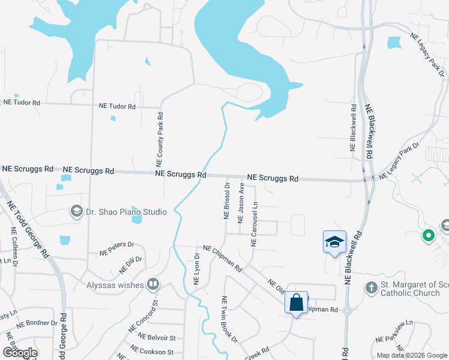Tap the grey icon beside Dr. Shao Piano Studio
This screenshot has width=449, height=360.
[x=76, y=211]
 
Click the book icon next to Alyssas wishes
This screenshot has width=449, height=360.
[x=154, y=284]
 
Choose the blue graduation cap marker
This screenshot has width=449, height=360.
[x=334, y=242]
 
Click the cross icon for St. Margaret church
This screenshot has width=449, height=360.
[x=371, y=287]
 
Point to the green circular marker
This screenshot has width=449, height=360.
[x=429, y=236]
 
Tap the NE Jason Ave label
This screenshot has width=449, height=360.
[x=241, y=204]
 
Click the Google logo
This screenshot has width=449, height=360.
[x=20, y=353]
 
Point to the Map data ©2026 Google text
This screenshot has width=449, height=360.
[x=411, y=355]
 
